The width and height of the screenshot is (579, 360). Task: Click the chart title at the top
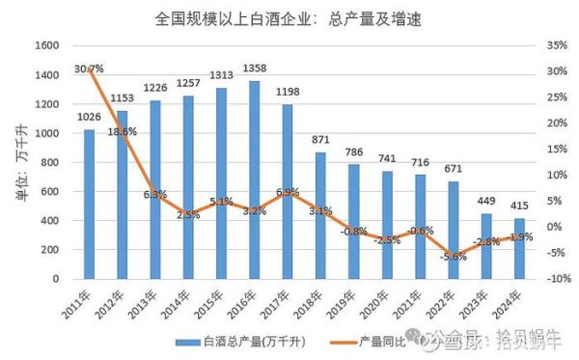point(289,18)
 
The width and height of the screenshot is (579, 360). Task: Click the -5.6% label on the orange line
point(453,256)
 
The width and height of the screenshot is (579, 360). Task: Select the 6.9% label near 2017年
point(287,193)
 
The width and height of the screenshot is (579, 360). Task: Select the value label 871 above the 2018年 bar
point(320,142)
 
